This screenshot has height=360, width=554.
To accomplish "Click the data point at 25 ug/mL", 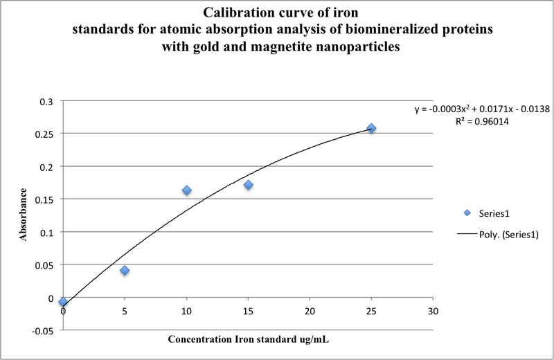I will pyautogui.click(x=371, y=128).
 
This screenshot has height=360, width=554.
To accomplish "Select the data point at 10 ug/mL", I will pyautogui.click(x=186, y=190).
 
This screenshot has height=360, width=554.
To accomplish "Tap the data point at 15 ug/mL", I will pyautogui.click(x=248, y=185).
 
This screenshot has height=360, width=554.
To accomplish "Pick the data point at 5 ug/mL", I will pyautogui.click(x=125, y=270).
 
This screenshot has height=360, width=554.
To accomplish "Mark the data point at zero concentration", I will pyautogui.click(x=63, y=303).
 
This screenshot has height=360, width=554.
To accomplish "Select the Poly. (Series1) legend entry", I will pyautogui.click(x=499, y=235).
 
